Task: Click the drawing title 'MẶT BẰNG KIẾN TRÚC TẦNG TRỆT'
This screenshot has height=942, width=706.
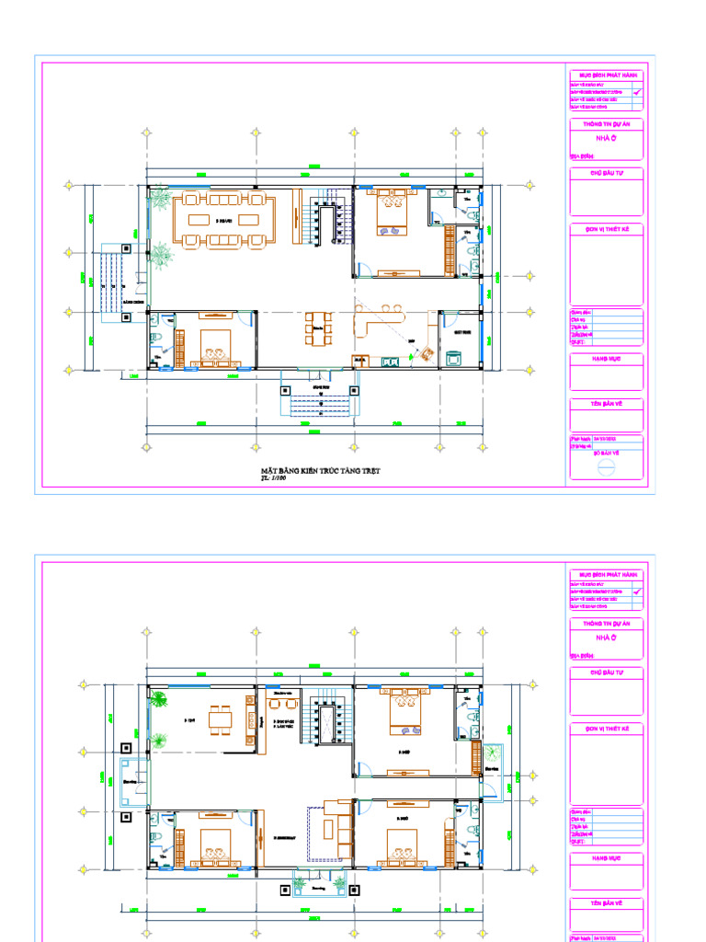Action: point(320,471)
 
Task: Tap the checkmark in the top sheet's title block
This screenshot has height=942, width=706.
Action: point(637,93)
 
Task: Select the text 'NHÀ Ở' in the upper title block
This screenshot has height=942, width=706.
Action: point(606,137)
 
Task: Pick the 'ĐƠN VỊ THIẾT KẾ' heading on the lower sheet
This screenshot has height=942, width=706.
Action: point(606,729)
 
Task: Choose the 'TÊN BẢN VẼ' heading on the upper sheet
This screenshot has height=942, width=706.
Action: point(606,404)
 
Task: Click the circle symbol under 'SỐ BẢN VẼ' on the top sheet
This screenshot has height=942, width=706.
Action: point(606,467)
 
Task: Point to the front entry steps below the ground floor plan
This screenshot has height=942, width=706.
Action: point(318,404)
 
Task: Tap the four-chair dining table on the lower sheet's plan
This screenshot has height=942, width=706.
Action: point(221,718)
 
